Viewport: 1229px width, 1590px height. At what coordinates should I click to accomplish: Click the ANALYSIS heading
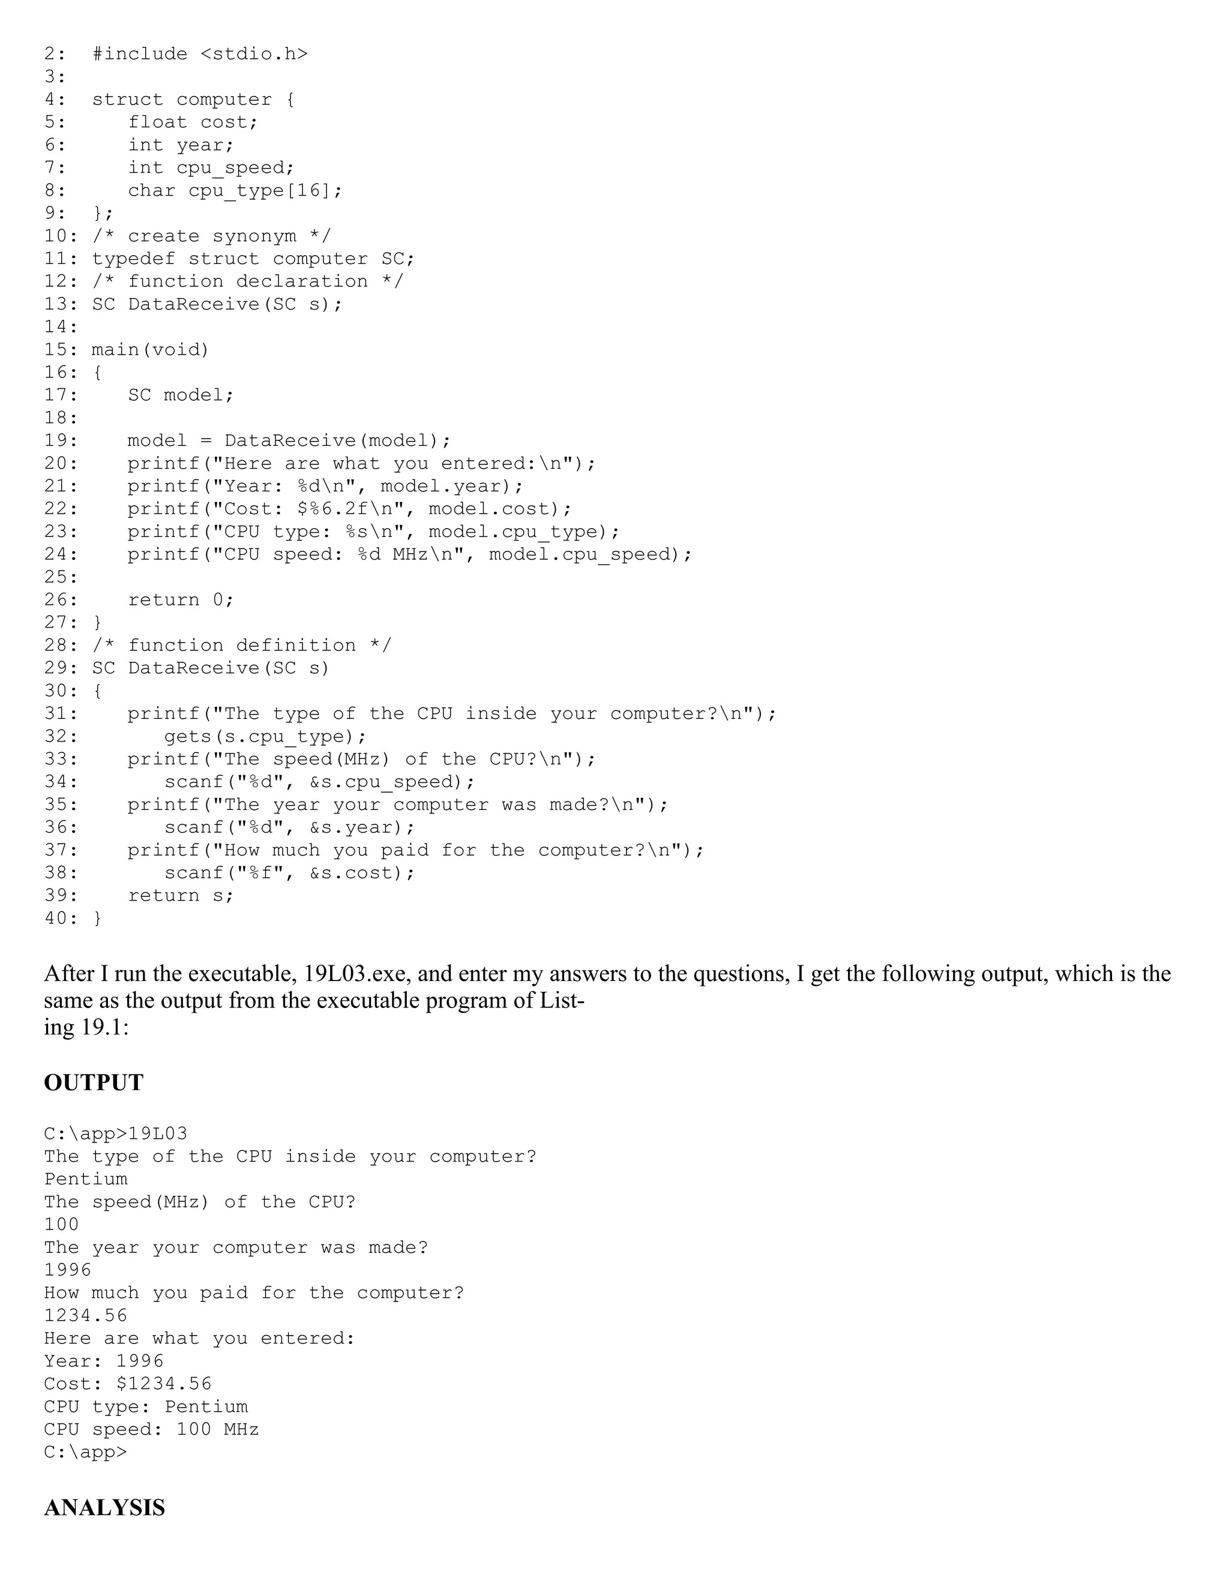coord(104,1508)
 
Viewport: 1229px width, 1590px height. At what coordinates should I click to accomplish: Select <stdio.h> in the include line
coord(253,54)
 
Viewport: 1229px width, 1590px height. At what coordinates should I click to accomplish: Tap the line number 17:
coord(61,395)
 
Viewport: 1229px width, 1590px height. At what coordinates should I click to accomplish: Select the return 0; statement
coord(181,600)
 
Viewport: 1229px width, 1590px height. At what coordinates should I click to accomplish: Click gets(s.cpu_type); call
coord(265,737)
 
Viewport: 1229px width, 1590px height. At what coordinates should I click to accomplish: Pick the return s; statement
coord(181,895)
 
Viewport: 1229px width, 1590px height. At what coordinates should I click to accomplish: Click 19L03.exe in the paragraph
coord(352,974)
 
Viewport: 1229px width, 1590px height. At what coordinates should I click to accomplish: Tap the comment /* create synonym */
coord(211,236)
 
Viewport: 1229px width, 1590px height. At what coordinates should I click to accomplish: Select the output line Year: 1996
coord(103,1361)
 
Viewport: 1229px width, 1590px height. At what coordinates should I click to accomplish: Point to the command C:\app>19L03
coord(115,1133)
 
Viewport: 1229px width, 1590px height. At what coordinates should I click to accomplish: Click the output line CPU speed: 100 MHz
coord(151,1429)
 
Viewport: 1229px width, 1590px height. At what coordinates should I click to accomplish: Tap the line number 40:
coord(61,918)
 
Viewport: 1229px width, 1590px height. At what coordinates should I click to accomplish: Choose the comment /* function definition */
coord(242,646)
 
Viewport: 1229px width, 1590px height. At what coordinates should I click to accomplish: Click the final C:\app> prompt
coord(85,1451)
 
